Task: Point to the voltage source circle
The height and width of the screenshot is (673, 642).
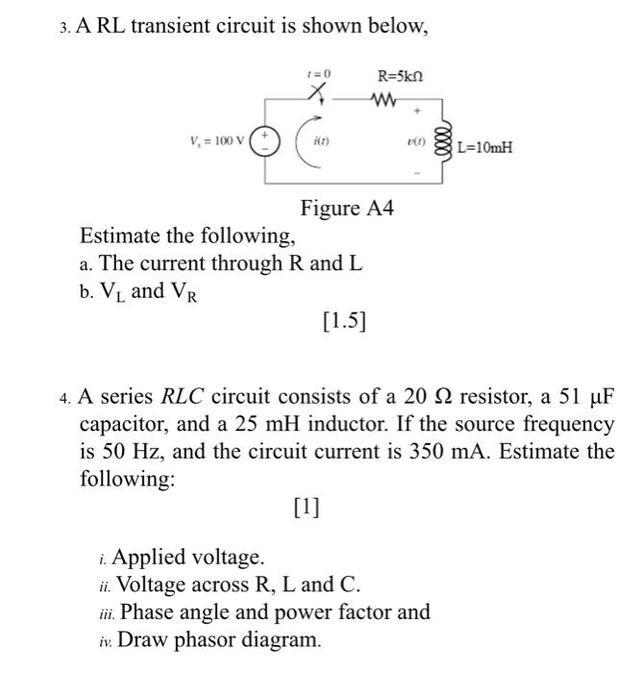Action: tap(265, 140)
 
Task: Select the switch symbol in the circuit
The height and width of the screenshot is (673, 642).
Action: tap(319, 92)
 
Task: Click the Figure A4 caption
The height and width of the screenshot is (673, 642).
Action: tap(347, 208)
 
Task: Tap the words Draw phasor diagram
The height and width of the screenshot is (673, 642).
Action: tap(220, 640)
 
